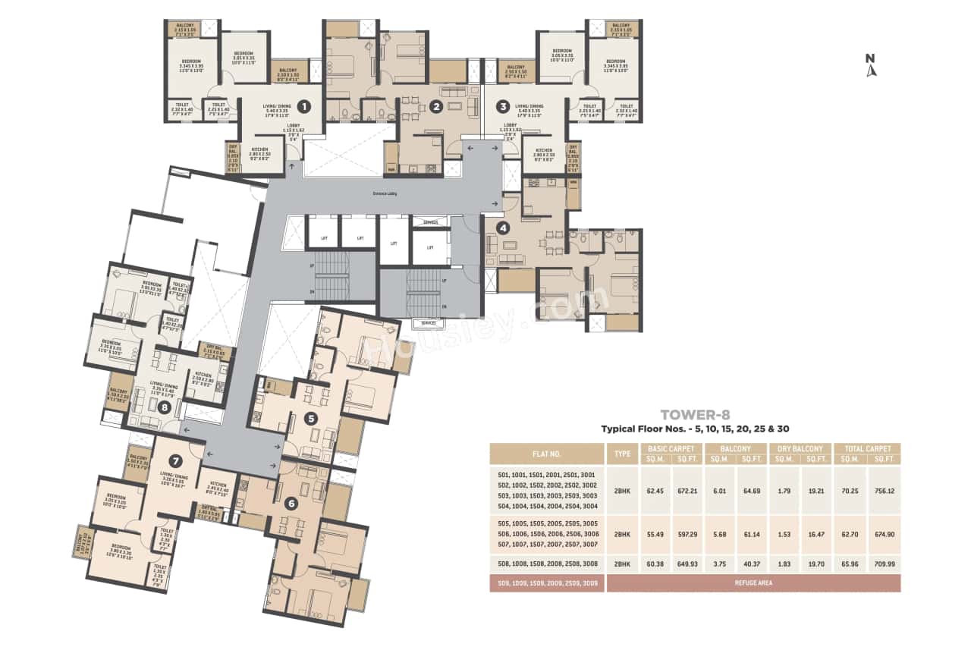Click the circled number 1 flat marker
[x=303, y=107]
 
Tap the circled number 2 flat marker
[x=435, y=107]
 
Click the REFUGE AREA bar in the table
[x=753, y=583]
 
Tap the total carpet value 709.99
[x=885, y=564]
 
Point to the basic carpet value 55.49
[x=657, y=534]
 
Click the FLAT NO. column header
[x=547, y=454]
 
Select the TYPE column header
[x=622, y=454]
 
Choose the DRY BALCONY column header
[x=800, y=449]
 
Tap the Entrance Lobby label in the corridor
[x=385, y=193]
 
